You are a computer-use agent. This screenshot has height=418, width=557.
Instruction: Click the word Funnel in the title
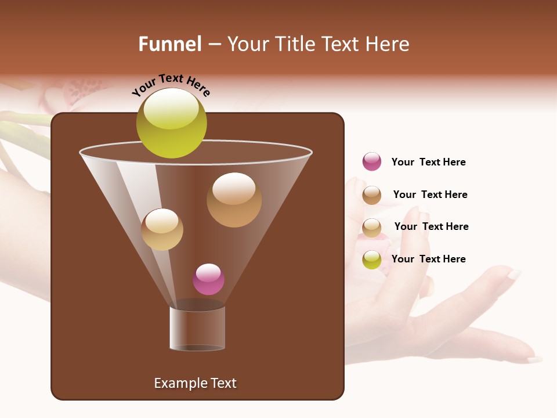[170, 44]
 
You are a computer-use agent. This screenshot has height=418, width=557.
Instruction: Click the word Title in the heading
[295, 44]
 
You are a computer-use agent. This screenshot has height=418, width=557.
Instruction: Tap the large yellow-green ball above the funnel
[171, 122]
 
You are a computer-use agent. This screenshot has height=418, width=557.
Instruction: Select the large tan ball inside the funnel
[234, 200]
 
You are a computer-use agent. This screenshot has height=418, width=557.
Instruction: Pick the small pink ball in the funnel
[208, 279]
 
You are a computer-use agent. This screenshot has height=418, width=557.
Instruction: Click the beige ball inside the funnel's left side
[162, 229]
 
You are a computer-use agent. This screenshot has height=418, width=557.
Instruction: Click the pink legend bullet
[372, 161]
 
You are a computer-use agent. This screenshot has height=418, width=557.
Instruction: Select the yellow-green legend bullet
[372, 260]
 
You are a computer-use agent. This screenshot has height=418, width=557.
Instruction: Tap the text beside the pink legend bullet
[428, 162]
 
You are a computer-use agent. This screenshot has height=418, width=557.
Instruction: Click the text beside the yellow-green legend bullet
[428, 259]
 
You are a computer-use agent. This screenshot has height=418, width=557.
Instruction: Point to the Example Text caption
[195, 383]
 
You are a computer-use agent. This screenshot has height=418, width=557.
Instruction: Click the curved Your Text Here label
[171, 85]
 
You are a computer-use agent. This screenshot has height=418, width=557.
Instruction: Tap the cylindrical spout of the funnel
[197, 329]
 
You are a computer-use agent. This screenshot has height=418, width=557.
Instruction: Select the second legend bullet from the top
[372, 195]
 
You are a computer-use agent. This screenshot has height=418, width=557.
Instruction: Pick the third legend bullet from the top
[372, 228]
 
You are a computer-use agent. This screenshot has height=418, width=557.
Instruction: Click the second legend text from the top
[430, 194]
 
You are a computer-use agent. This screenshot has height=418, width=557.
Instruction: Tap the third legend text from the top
[431, 226]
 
